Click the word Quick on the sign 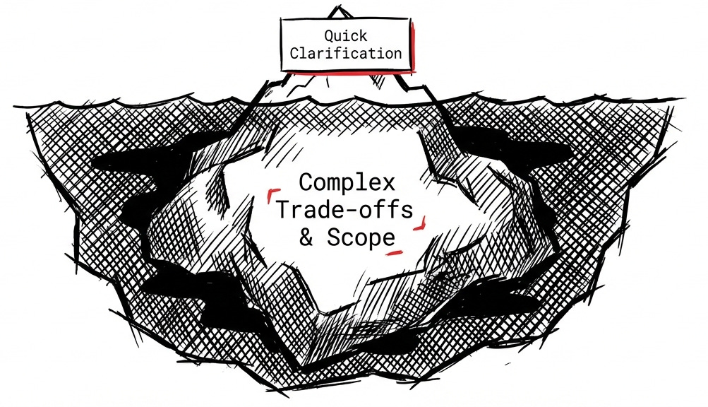tap(347, 35)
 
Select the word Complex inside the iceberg tap(347, 182)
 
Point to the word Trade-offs tap(347, 210)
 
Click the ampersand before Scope tap(306, 237)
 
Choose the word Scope tap(360, 238)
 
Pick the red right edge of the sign tap(416, 46)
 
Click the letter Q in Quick tap(329, 35)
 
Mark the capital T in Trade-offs tap(284, 209)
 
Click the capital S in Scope tap(333, 237)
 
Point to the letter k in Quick tap(364, 35)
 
